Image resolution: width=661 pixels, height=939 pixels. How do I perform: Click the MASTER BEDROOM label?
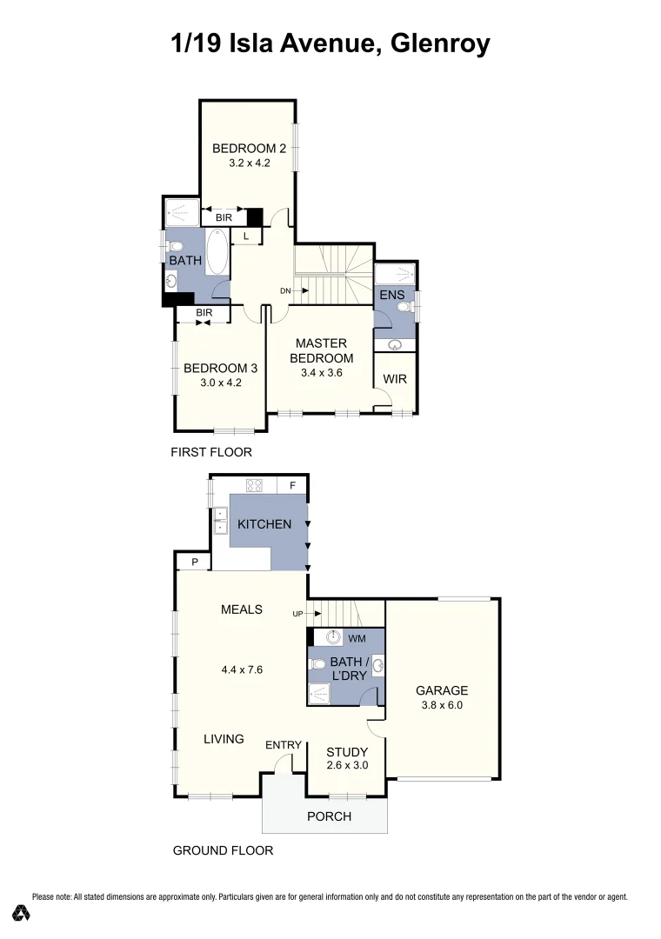(322, 350)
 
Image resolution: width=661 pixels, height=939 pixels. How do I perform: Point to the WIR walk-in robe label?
(395, 379)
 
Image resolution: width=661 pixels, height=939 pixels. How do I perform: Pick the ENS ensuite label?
(392, 296)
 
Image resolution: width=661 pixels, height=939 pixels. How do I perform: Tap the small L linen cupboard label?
(246, 236)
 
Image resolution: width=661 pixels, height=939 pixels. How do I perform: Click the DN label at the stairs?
(284, 290)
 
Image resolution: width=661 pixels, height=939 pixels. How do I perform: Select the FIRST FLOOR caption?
(211, 452)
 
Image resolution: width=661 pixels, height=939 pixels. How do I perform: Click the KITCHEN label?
(264, 524)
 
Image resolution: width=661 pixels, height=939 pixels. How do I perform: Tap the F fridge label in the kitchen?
(292, 485)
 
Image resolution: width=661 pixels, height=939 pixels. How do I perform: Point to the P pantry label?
(195, 563)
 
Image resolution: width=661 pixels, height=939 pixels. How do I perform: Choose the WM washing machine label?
(356, 638)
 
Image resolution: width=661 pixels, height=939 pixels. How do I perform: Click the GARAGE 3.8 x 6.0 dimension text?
(443, 706)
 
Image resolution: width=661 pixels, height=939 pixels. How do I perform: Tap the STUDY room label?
(347, 752)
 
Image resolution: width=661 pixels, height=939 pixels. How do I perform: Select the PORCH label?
(330, 816)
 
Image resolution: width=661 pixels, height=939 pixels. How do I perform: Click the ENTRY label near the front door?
(284, 744)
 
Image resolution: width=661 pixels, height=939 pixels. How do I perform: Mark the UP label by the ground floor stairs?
(297, 614)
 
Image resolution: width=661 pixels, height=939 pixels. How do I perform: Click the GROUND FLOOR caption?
(223, 850)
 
